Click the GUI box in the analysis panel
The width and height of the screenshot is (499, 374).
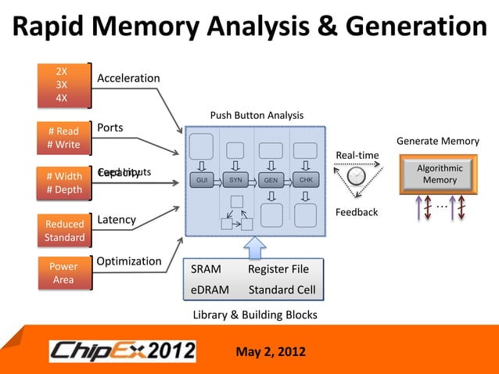[202, 180]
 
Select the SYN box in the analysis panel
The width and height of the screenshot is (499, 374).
[235, 180]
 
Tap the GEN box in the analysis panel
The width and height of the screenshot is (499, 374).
[271, 180]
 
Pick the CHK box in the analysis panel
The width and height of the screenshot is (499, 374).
[305, 180]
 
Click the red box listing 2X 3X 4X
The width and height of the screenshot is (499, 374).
[61, 85]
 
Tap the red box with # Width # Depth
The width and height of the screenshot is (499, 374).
[63, 182]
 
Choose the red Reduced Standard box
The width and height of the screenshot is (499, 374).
[64, 231]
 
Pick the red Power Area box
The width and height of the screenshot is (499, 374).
[63, 273]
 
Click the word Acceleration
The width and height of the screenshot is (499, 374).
[128, 78]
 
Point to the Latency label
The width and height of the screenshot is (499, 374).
[117, 221]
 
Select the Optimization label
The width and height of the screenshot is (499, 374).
[129, 261]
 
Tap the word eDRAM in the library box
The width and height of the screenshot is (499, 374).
[210, 289]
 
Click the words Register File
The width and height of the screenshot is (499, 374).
[278, 270]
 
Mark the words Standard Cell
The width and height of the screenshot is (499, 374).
[282, 289]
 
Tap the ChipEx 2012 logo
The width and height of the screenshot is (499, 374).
[123, 350]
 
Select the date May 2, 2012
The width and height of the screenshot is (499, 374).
[271, 349]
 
